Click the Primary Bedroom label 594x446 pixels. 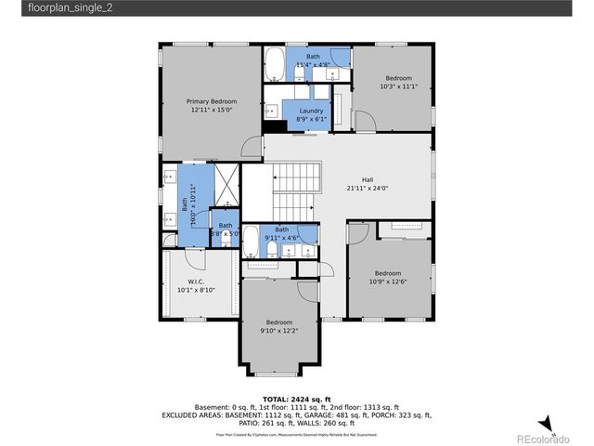pyautogui.click(x=212, y=101)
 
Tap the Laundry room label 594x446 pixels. pyautogui.click(x=311, y=111)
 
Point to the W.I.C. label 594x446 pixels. pyautogui.click(x=196, y=282)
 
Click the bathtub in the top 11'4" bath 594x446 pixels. pyautogui.click(x=276, y=65)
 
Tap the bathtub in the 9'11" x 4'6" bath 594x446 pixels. pyautogui.click(x=251, y=243)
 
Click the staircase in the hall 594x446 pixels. pyautogui.click(x=296, y=190)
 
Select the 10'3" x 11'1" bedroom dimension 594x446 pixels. pyautogui.click(x=399, y=86)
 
